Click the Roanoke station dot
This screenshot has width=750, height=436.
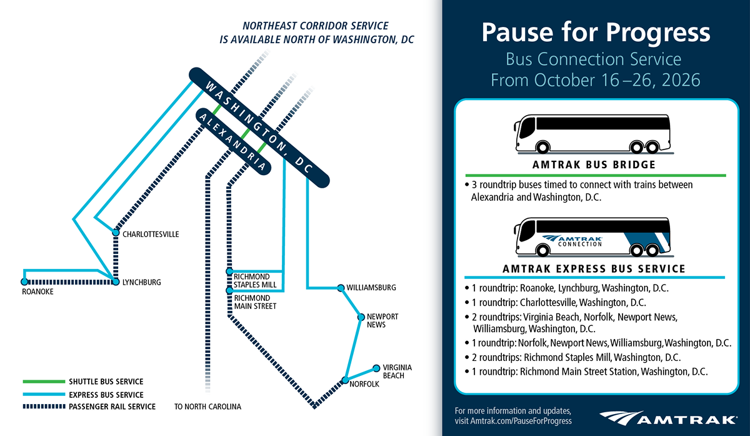click(24, 282)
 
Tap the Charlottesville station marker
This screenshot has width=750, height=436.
click(116, 233)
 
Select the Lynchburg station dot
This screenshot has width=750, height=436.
click(116, 282)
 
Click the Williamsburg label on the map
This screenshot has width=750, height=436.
click(371, 288)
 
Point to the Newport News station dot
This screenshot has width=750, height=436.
click(361, 317)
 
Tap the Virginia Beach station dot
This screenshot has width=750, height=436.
click(376, 368)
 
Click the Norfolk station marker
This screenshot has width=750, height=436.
click(345, 380)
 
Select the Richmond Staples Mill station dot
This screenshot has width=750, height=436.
click(229, 271)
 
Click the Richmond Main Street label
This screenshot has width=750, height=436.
click(255, 302)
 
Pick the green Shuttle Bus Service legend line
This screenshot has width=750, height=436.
click(44, 382)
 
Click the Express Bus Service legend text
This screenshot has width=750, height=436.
click(106, 395)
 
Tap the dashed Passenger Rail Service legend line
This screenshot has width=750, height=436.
click(44, 407)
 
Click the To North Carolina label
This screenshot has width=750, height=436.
click(207, 407)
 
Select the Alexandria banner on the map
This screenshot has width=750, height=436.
click(233, 141)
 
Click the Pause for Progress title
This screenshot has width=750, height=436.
click(596, 33)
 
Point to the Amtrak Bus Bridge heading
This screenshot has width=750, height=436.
click(594, 165)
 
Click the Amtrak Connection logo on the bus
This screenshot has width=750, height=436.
click(572, 241)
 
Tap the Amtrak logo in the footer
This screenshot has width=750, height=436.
click(668, 418)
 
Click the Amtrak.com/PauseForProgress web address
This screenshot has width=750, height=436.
click(521, 421)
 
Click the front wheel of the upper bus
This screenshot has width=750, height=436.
click(542, 147)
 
